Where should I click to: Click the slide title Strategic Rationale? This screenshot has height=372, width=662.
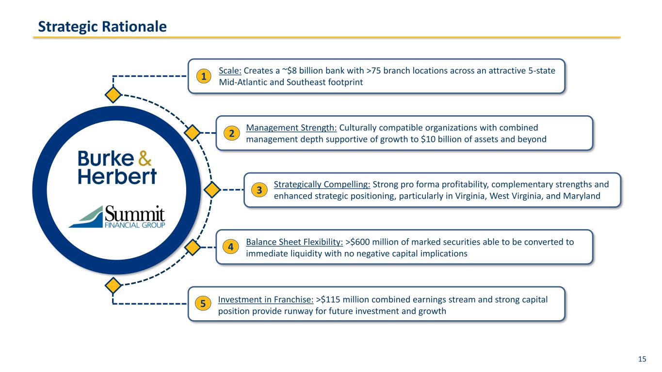[102, 27]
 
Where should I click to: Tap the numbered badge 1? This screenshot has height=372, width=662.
[204, 76]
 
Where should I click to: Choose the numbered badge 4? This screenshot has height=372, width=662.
[232, 247]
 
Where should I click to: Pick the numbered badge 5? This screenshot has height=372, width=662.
[204, 304]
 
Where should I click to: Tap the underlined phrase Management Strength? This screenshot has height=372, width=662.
[291, 128]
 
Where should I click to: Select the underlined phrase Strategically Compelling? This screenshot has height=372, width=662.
[322, 185]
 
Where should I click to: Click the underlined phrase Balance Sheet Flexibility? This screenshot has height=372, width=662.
[294, 242]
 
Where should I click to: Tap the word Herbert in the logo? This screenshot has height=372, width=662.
[117, 176]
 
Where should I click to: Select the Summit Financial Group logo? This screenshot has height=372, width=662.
[117, 217]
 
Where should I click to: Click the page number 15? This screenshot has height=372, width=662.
[642, 359]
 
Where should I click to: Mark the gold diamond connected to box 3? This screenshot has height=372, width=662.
[211, 190]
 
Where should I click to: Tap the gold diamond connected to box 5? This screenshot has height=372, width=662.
[113, 286]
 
